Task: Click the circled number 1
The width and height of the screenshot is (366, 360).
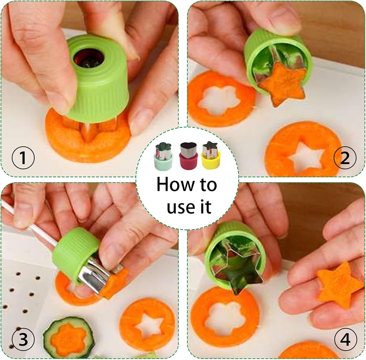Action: point(23,158)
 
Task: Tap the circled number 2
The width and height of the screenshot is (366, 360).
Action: point(344,158)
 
